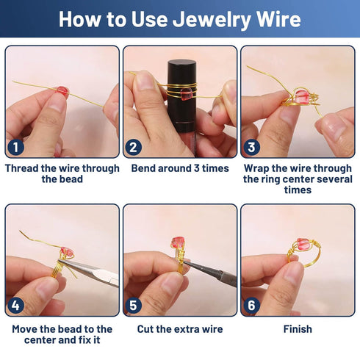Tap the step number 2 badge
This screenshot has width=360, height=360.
(x=134, y=146)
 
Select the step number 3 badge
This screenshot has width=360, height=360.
(x=252, y=146)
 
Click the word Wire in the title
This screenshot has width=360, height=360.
(x=274, y=19)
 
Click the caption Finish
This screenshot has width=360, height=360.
(x=298, y=329)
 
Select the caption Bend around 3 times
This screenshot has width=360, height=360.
(x=180, y=168)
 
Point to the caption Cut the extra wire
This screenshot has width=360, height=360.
(x=180, y=329)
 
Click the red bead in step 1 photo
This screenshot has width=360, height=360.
(x=63, y=92)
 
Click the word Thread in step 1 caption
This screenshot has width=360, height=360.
(x=24, y=168)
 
